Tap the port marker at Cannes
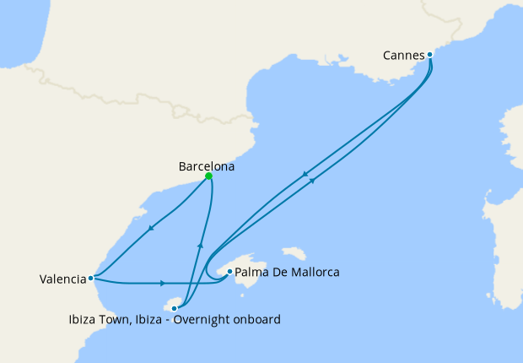pyautogui.click(x=430, y=55)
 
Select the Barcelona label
pyautogui.click(x=207, y=166)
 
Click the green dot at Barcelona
pyautogui.click(x=208, y=176)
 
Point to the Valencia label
pyautogui.click(x=62, y=279)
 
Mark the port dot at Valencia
pyautogui.click(x=91, y=277)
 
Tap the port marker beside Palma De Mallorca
pyautogui.click(x=229, y=272)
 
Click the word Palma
pyautogui.click(x=252, y=273)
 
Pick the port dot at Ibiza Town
pyautogui.click(x=175, y=309)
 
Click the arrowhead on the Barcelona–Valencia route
pyautogui.click(x=150, y=228)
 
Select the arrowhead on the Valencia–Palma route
pyautogui.click(x=162, y=283)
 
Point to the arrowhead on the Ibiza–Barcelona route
pyautogui.click(x=200, y=245)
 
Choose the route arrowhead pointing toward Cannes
pyautogui.click(x=313, y=180)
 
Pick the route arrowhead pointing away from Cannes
pyautogui.click(x=304, y=173)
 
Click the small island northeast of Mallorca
pyautogui.click(x=294, y=253)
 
